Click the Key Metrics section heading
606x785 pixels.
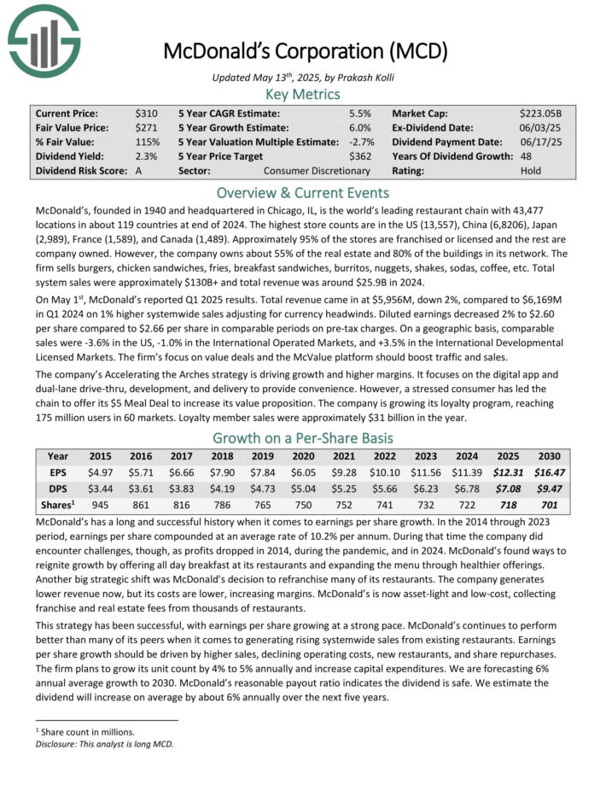click(303, 94)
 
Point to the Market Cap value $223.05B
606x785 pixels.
click(542, 113)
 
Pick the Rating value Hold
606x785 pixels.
click(530, 170)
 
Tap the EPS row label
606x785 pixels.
click(58, 472)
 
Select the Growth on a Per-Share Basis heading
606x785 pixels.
click(303, 438)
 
